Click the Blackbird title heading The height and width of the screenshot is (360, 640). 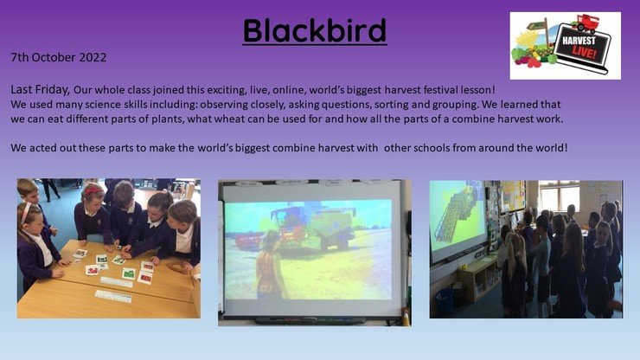[314, 30]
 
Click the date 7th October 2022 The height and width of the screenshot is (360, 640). [59, 57]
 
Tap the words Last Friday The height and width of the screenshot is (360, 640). [40, 89]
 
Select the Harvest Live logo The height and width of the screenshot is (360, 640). [566, 46]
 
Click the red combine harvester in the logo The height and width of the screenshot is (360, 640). [586, 23]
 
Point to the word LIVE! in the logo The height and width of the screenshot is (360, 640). [585, 53]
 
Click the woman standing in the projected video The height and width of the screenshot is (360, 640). [271, 263]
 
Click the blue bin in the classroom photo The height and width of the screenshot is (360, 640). [445, 301]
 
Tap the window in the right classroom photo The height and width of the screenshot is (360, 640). [559, 197]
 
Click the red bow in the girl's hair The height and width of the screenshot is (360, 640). [94, 190]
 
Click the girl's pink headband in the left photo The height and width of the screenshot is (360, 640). [26, 213]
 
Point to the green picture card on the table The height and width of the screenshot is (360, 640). [129, 273]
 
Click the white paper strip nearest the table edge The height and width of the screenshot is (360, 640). [113, 296]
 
